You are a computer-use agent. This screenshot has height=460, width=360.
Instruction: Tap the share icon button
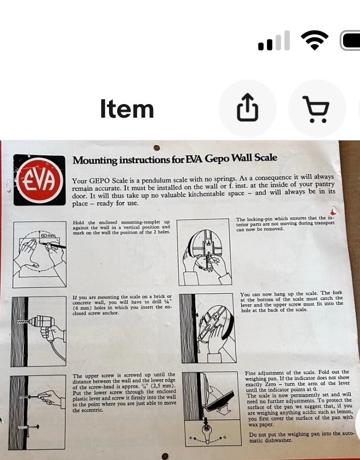248,107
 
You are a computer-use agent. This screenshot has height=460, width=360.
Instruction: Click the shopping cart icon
316,109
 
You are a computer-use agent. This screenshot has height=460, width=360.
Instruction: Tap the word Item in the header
127,109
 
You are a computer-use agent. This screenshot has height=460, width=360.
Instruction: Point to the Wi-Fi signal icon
314,40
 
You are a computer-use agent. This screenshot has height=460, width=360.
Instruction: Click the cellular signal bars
274,41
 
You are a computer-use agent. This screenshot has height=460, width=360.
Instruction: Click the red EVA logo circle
40,180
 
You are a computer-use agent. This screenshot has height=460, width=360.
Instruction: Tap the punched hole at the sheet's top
157,147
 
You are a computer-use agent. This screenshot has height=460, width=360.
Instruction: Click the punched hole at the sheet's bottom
165,456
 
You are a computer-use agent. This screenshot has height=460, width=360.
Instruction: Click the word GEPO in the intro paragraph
99,181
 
